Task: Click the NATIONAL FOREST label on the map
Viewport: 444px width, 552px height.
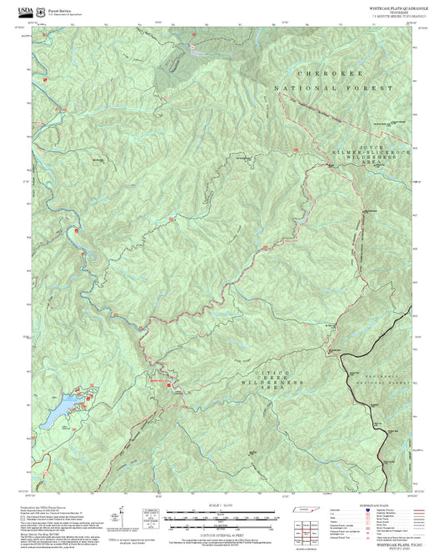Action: [330, 88]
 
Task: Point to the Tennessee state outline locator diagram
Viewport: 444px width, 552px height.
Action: [301, 510]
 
